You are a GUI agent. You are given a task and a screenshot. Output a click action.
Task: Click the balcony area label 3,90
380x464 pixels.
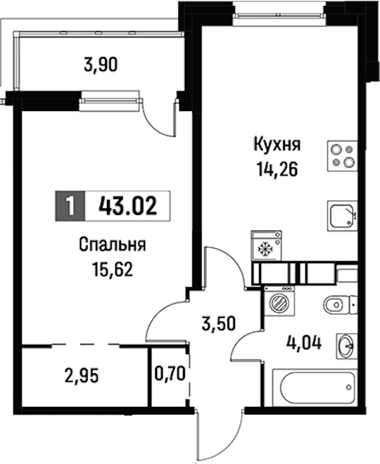(101, 65)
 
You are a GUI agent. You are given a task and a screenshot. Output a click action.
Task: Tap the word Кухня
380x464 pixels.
(277, 145)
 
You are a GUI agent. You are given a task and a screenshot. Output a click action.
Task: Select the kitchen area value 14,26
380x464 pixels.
(277, 170)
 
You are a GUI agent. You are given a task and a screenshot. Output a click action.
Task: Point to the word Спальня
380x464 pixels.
(112, 245)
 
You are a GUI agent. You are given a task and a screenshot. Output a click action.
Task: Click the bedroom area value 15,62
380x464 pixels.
(112, 269)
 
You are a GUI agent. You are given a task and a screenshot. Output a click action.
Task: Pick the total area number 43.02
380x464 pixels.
(128, 206)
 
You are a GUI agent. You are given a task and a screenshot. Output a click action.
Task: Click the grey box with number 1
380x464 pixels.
(70, 206)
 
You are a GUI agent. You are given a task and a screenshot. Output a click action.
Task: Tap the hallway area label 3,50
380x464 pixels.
(218, 323)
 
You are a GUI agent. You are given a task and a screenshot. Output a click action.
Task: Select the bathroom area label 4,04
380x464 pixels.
(304, 344)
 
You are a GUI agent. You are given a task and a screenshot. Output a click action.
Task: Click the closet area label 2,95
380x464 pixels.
(81, 377)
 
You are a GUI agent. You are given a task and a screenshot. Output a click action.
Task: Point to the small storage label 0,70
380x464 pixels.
(170, 373)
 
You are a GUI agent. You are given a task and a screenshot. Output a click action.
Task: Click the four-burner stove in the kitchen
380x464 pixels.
(342, 157)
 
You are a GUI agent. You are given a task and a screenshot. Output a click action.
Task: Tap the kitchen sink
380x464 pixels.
(342, 216)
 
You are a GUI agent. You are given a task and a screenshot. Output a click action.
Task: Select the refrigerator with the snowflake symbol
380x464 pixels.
(266, 245)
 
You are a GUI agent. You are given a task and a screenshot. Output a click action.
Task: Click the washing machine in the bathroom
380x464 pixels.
(279, 302)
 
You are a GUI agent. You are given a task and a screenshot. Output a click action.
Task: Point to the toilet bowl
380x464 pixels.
(341, 304)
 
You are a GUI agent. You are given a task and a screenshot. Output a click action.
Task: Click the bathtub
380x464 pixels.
(315, 388)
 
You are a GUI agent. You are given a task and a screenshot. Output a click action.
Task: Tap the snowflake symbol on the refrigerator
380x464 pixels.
(265, 249)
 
